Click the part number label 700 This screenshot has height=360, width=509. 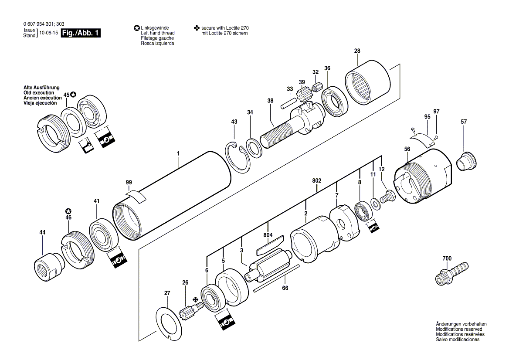click(x=447, y=258)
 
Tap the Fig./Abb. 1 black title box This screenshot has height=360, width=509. click(x=81, y=33)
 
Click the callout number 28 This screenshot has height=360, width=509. click(x=357, y=51)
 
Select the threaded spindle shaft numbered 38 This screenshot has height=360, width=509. click(x=288, y=127)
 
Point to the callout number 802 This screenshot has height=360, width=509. click(x=316, y=180)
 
